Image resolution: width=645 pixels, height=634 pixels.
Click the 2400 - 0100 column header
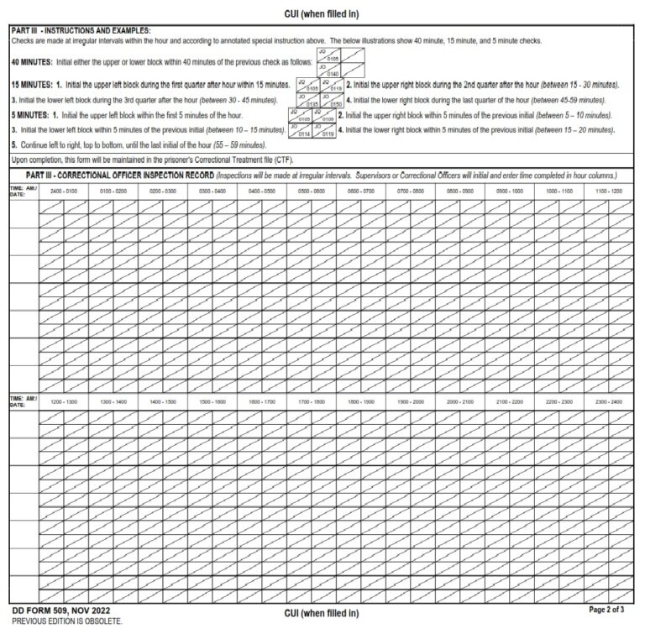click(63, 191)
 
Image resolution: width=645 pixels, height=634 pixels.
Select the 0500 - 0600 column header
click(312, 191)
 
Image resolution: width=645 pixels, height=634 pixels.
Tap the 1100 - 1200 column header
click(609, 191)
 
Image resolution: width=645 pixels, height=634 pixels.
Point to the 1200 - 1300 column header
click(63, 401)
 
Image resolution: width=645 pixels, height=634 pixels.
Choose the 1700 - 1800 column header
click(312, 401)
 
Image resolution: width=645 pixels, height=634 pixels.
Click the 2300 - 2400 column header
click(609, 401)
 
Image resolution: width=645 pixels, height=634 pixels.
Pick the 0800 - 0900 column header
click(460, 191)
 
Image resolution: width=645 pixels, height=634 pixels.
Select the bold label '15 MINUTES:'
click(32, 86)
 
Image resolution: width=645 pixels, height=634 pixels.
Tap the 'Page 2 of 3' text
click(608, 609)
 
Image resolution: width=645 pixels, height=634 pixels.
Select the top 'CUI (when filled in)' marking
click(322, 13)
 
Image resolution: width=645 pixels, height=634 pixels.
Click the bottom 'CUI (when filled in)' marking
click(322, 613)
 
